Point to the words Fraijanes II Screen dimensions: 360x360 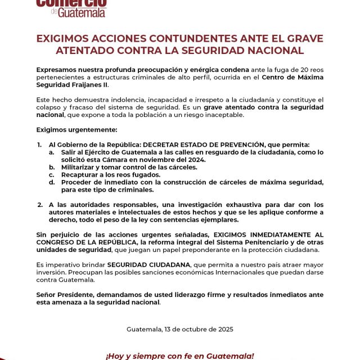(x=89, y=85)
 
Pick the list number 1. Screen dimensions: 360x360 (x=39, y=145)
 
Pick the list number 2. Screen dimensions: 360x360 (x=39, y=204)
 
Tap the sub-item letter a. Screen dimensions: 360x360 (x=51, y=152)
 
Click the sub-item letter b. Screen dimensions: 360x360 (x=51, y=167)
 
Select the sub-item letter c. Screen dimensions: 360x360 (x=51, y=174)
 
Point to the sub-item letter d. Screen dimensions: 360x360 (x=51, y=182)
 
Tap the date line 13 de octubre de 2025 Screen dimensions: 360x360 (x=180, y=329)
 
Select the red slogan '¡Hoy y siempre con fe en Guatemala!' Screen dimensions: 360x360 (x=180, y=355)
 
